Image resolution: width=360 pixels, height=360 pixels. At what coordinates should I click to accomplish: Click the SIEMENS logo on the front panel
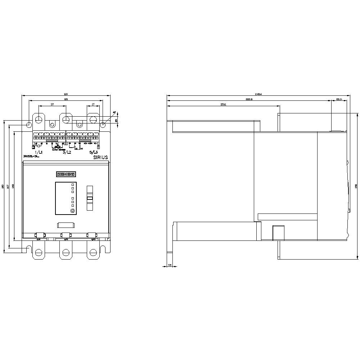(66, 174)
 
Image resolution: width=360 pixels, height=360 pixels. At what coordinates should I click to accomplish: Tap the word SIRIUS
(100, 157)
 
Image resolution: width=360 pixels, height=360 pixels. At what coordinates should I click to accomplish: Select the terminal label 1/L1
(38, 152)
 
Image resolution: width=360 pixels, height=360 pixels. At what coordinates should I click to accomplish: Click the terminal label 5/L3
(94, 152)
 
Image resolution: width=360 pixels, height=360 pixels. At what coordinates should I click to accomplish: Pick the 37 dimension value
(52, 104)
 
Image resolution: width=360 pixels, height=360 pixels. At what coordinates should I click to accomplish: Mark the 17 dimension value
(93, 104)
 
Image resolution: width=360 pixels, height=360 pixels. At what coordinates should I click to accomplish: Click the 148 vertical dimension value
(13, 186)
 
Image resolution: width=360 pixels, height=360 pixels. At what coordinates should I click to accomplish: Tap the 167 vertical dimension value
(8, 186)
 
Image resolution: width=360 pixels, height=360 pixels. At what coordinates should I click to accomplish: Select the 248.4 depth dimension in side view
(258, 94)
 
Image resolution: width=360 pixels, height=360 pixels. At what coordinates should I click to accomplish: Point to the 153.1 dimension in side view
(223, 105)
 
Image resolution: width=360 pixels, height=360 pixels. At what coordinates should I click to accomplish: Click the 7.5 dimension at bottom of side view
(170, 265)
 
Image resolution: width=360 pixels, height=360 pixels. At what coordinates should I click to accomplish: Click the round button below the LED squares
(72, 211)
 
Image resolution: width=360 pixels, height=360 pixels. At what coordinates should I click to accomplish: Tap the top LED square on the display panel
(72, 184)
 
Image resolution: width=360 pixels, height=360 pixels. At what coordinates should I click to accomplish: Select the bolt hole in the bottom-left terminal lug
(39, 252)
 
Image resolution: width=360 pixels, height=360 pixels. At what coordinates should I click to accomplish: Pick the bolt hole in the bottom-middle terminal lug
(66, 252)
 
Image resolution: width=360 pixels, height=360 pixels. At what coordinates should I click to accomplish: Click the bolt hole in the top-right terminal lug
(93, 120)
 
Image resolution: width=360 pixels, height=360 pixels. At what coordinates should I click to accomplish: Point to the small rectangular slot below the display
(66, 225)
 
